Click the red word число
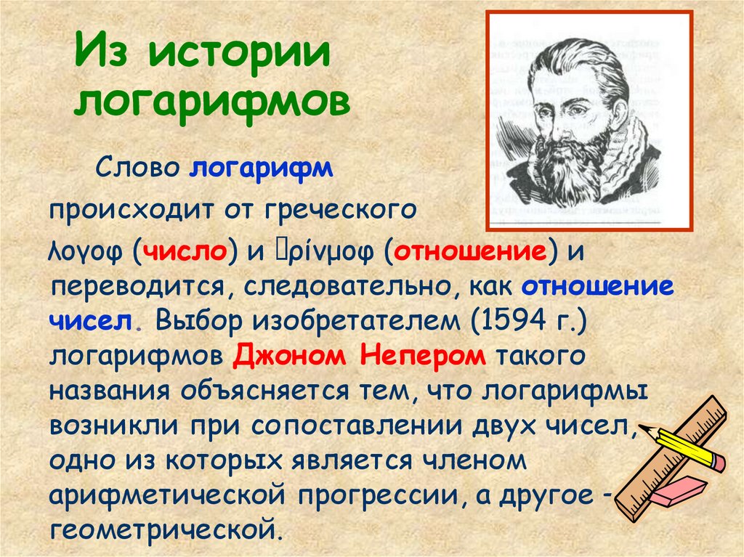click(187, 253)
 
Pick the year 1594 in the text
click(512, 320)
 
